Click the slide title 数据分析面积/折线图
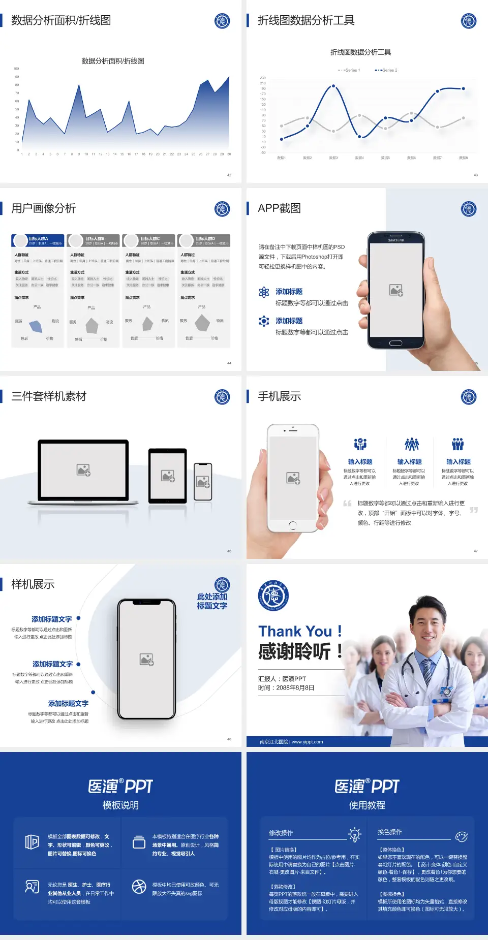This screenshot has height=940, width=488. pyautogui.click(x=61, y=20)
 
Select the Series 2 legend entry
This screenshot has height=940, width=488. pyautogui.click(x=387, y=70)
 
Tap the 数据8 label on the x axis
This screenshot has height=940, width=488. pyautogui.click(x=463, y=158)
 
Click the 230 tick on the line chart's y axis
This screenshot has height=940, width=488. pyautogui.click(x=263, y=78)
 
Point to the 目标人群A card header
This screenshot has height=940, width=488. pyautogui.click(x=38, y=240)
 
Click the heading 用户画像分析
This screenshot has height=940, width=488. pyautogui.click(x=44, y=208)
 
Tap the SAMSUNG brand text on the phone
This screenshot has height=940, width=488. pyautogui.click(x=396, y=240)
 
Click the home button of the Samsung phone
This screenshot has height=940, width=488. pyautogui.click(x=395, y=343)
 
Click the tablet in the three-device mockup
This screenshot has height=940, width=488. pyautogui.click(x=168, y=476)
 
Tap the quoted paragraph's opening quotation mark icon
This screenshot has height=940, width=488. pyautogui.click(x=347, y=504)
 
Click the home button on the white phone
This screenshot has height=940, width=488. pyautogui.click(x=292, y=525)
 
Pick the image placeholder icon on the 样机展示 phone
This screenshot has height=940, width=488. pyautogui.click(x=146, y=660)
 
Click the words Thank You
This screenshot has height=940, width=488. pyautogui.click(x=295, y=632)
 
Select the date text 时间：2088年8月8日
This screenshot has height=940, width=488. pyautogui.click(x=286, y=688)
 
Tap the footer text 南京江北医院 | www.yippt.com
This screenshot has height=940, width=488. pyautogui.click(x=291, y=742)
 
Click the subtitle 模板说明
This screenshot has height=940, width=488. pyautogui.click(x=120, y=805)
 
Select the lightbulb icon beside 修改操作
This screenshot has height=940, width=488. pyautogui.click(x=354, y=834)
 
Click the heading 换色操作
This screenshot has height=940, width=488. pyautogui.click(x=390, y=832)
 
